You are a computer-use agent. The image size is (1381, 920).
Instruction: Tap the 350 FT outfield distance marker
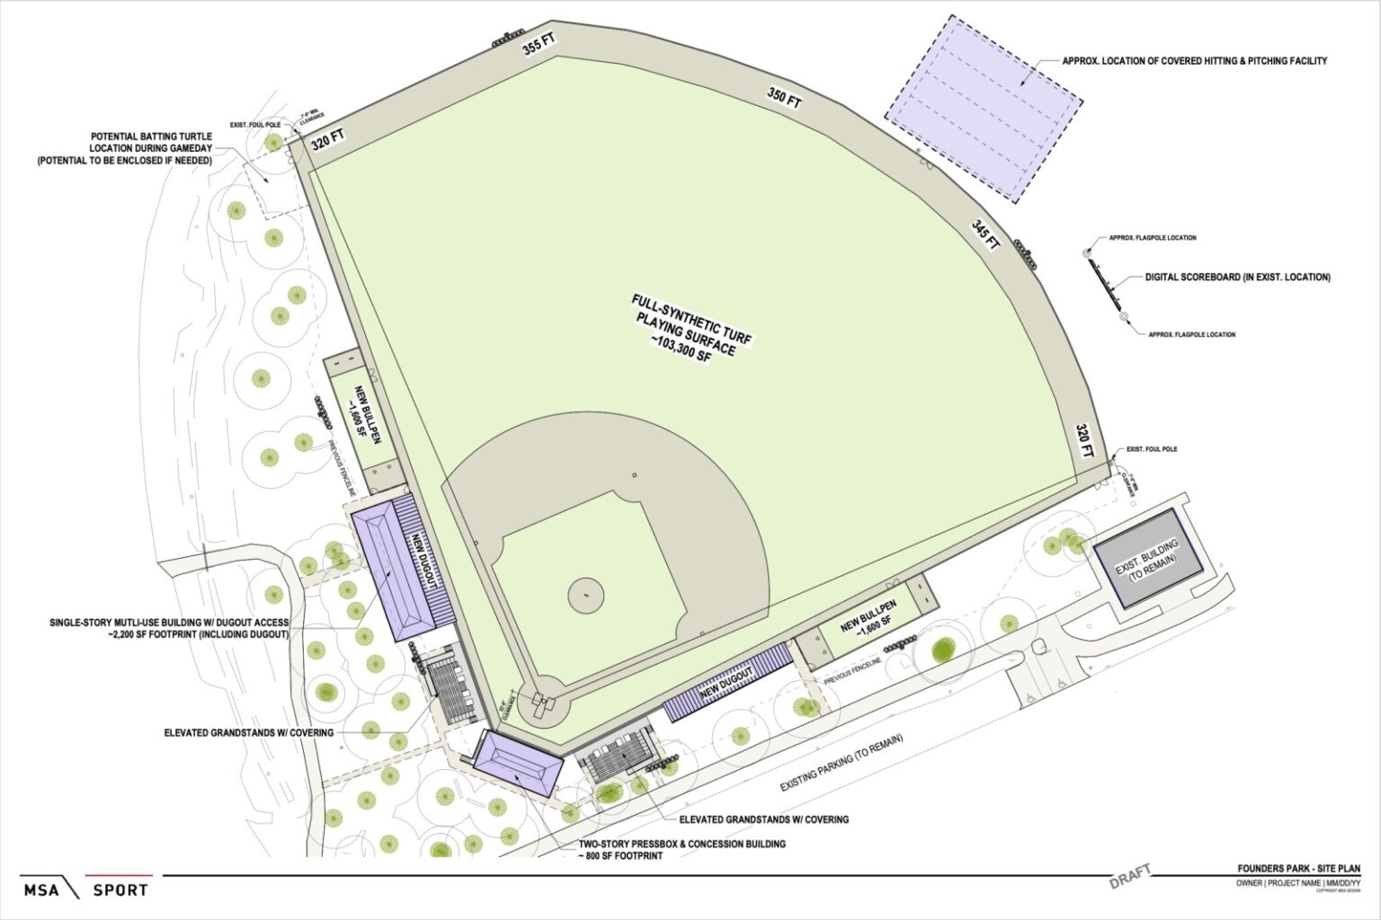[x=783, y=98]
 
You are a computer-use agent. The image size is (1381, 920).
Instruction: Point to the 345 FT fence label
[x=985, y=234]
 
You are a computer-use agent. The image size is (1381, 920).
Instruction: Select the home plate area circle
[x=545, y=705]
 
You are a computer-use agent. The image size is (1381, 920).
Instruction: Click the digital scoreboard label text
[x=1237, y=278]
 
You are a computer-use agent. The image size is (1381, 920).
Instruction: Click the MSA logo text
[x=41, y=890]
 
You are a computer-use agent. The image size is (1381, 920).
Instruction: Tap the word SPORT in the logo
[x=120, y=890]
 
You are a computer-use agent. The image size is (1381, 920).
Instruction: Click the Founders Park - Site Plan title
[x=1298, y=869]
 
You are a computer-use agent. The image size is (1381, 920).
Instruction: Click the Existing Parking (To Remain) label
[x=842, y=763]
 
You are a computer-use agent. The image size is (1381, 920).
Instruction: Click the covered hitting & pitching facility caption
[x=1194, y=61]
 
